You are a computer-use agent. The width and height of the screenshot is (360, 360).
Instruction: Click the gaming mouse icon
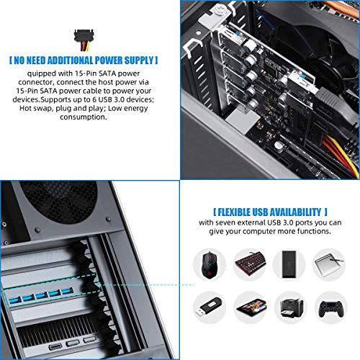point(210,263)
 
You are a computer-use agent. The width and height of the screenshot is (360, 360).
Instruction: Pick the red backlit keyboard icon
point(251,263)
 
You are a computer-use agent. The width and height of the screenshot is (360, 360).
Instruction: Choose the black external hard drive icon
point(290,263)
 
